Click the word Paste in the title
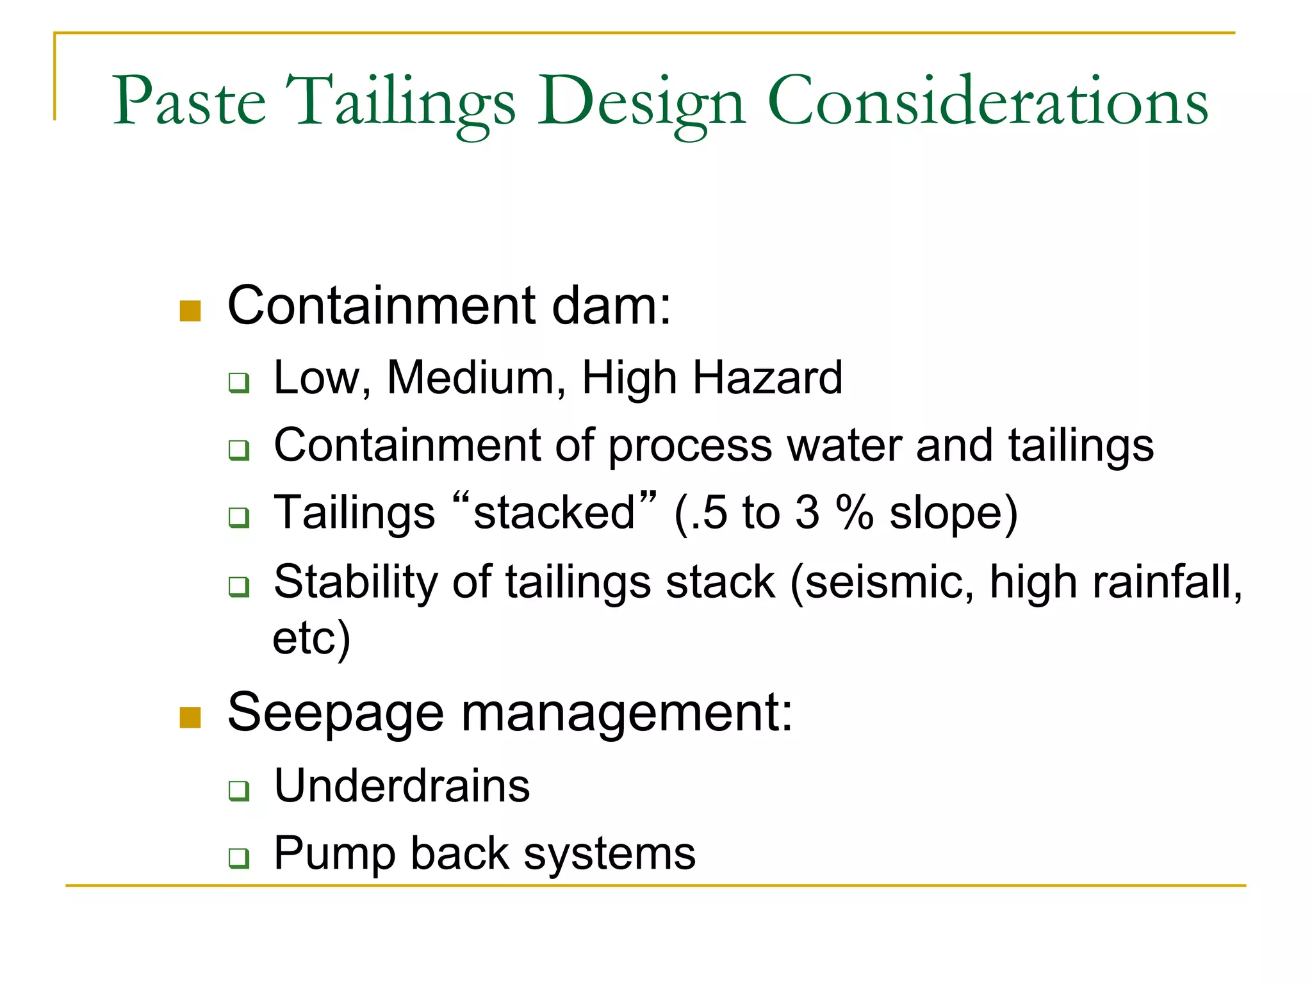click(x=189, y=102)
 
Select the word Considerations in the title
click(x=987, y=102)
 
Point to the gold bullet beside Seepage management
click(x=190, y=717)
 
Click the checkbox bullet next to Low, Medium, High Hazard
click(x=239, y=383)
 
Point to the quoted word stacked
click(x=554, y=513)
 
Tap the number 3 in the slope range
click(x=807, y=513)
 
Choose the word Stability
click(x=356, y=583)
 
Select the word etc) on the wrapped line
click(x=311, y=638)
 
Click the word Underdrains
click(x=402, y=786)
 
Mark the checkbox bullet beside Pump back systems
click(x=239, y=858)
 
